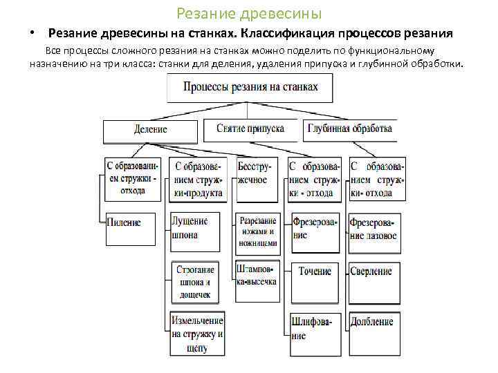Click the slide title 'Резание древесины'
point(249,13)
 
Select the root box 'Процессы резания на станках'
point(250,88)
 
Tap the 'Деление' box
point(151,129)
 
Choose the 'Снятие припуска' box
point(250,128)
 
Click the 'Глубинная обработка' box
point(350,128)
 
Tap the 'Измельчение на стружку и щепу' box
point(198,334)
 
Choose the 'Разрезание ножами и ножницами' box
point(257,232)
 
